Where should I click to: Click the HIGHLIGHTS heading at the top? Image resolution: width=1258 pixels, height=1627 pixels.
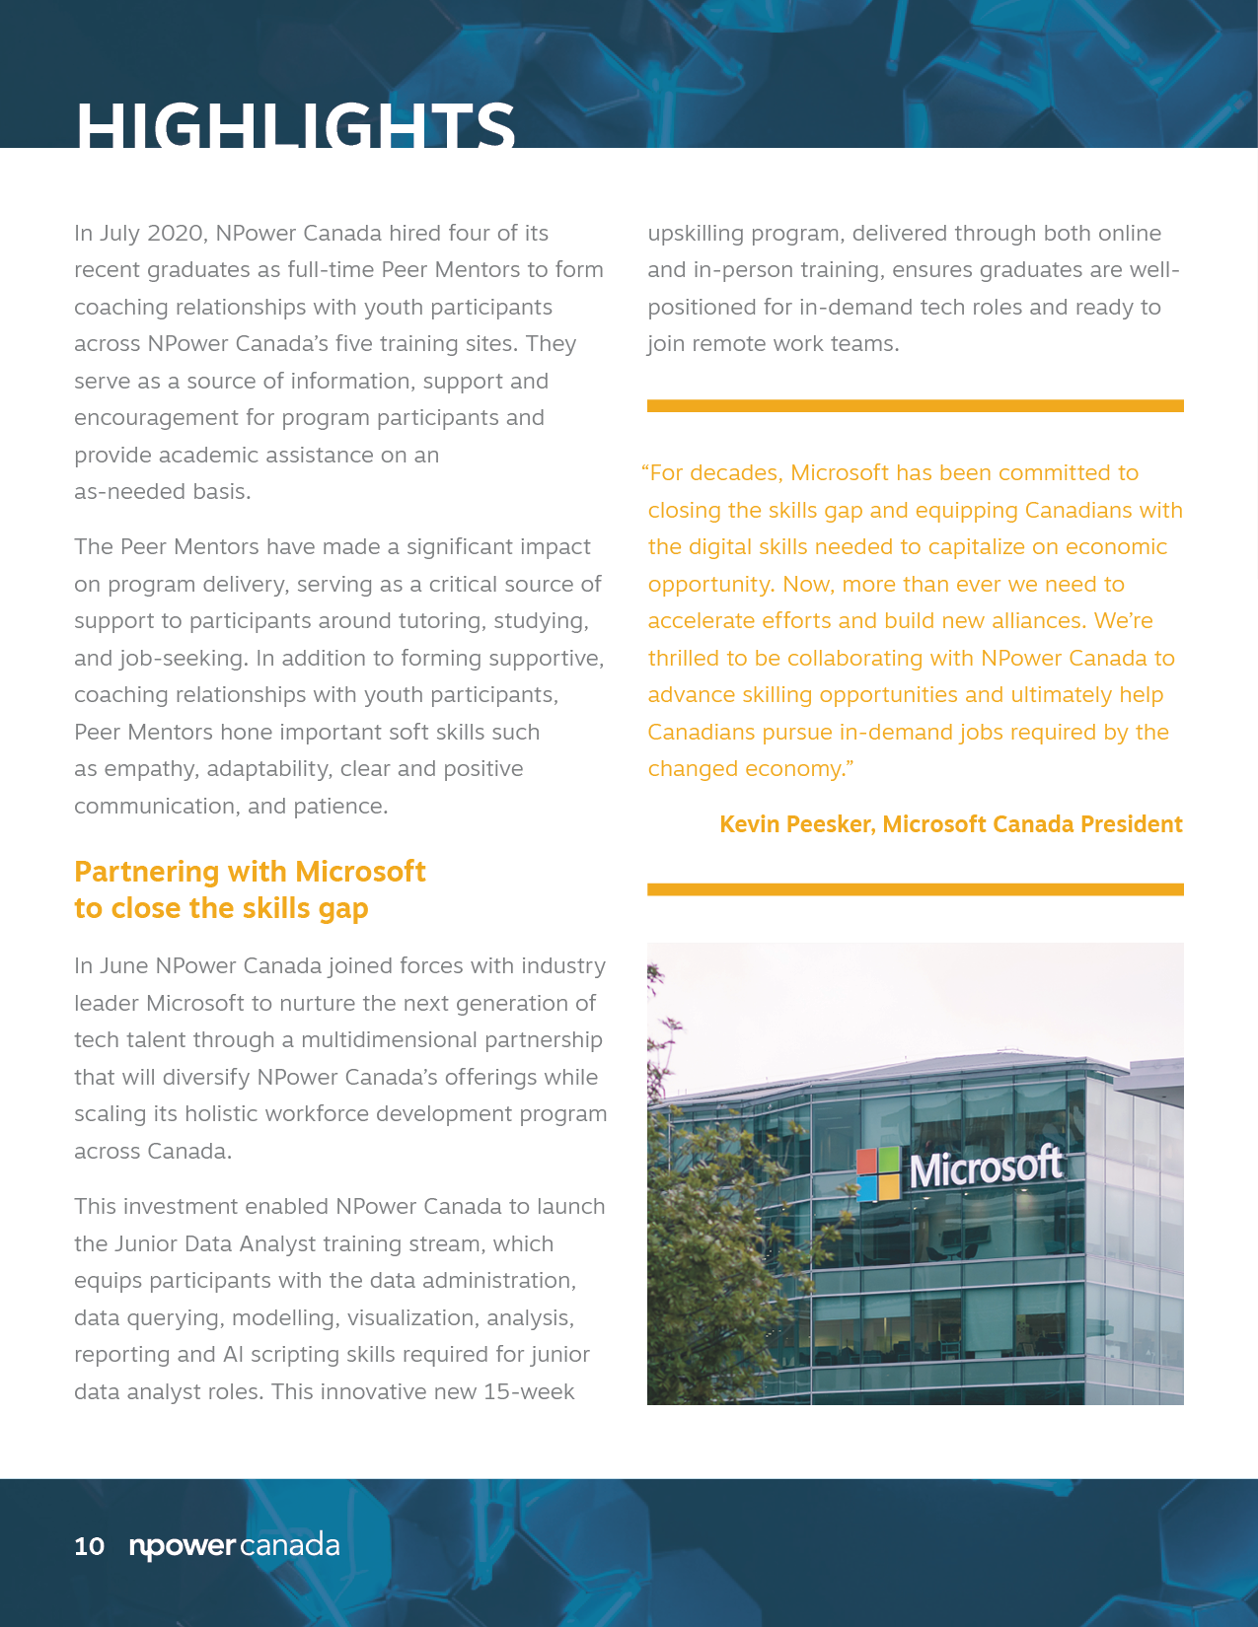[295, 126]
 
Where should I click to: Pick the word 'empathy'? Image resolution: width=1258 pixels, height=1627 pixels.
[148, 769]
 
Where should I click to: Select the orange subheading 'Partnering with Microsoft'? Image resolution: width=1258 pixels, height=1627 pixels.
[250, 872]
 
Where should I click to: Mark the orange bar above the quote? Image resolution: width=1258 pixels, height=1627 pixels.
[915, 406]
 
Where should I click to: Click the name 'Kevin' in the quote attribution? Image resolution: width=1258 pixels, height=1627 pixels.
[749, 824]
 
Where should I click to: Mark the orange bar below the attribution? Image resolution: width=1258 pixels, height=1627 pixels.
[915, 889]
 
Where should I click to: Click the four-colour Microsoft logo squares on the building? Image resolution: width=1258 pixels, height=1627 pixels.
[878, 1173]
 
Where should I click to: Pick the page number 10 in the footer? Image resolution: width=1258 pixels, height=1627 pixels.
[89, 1546]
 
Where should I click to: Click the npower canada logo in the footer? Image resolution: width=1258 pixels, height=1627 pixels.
[235, 1546]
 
